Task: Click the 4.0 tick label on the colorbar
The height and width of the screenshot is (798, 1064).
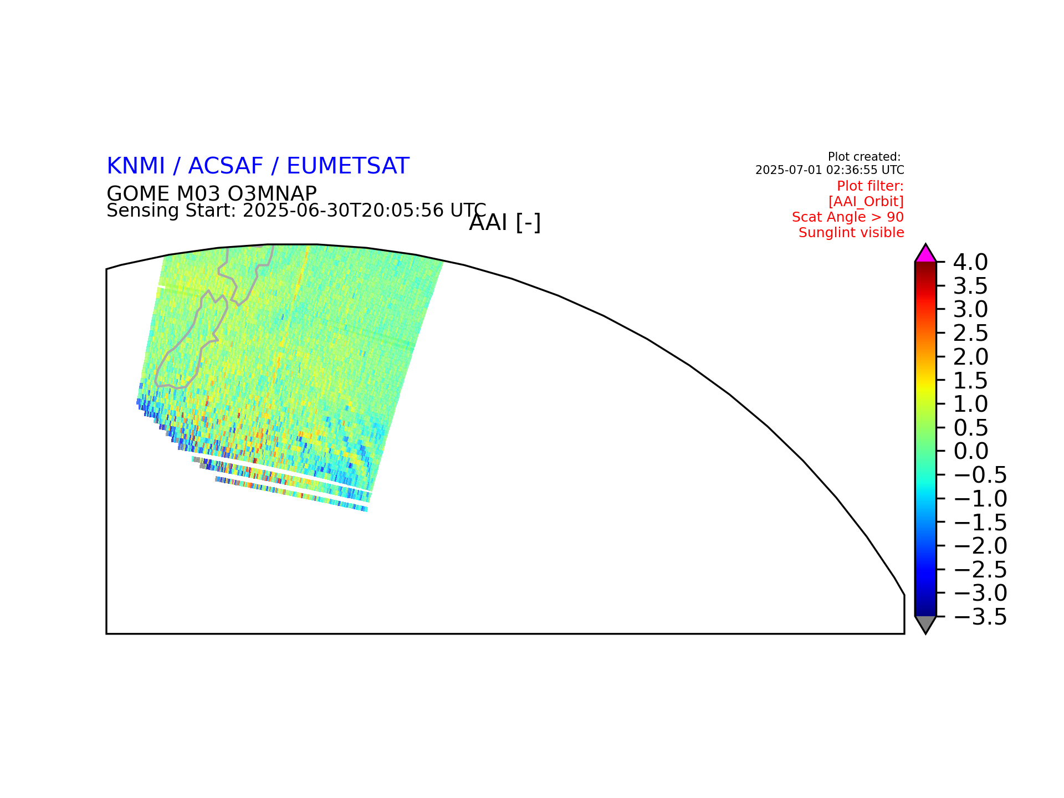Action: (970, 262)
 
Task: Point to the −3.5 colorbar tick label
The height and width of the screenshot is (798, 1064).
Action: (980, 617)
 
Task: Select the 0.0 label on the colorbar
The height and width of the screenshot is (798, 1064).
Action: (970, 451)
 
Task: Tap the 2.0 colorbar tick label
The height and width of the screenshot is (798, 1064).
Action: (970, 357)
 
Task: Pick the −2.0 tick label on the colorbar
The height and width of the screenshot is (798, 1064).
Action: (980, 546)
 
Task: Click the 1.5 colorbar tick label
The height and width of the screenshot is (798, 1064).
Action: (970, 381)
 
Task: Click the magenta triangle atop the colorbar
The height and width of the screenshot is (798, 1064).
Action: (925, 254)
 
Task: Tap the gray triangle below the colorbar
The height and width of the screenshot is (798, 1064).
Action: (925, 623)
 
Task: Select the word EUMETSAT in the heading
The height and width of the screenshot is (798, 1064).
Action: (348, 166)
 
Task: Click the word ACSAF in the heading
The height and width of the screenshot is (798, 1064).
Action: (225, 166)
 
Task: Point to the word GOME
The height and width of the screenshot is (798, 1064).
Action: (138, 194)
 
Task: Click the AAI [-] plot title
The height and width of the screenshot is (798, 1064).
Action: (505, 223)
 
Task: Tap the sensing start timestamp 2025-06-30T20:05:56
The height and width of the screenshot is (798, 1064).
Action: (344, 211)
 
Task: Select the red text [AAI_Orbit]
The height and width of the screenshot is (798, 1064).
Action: (866, 202)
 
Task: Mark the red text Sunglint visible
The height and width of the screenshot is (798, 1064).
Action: (851, 233)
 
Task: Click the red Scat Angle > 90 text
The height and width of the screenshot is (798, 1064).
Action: (848, 217)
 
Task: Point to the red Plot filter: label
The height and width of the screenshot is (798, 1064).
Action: (870, 186)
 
